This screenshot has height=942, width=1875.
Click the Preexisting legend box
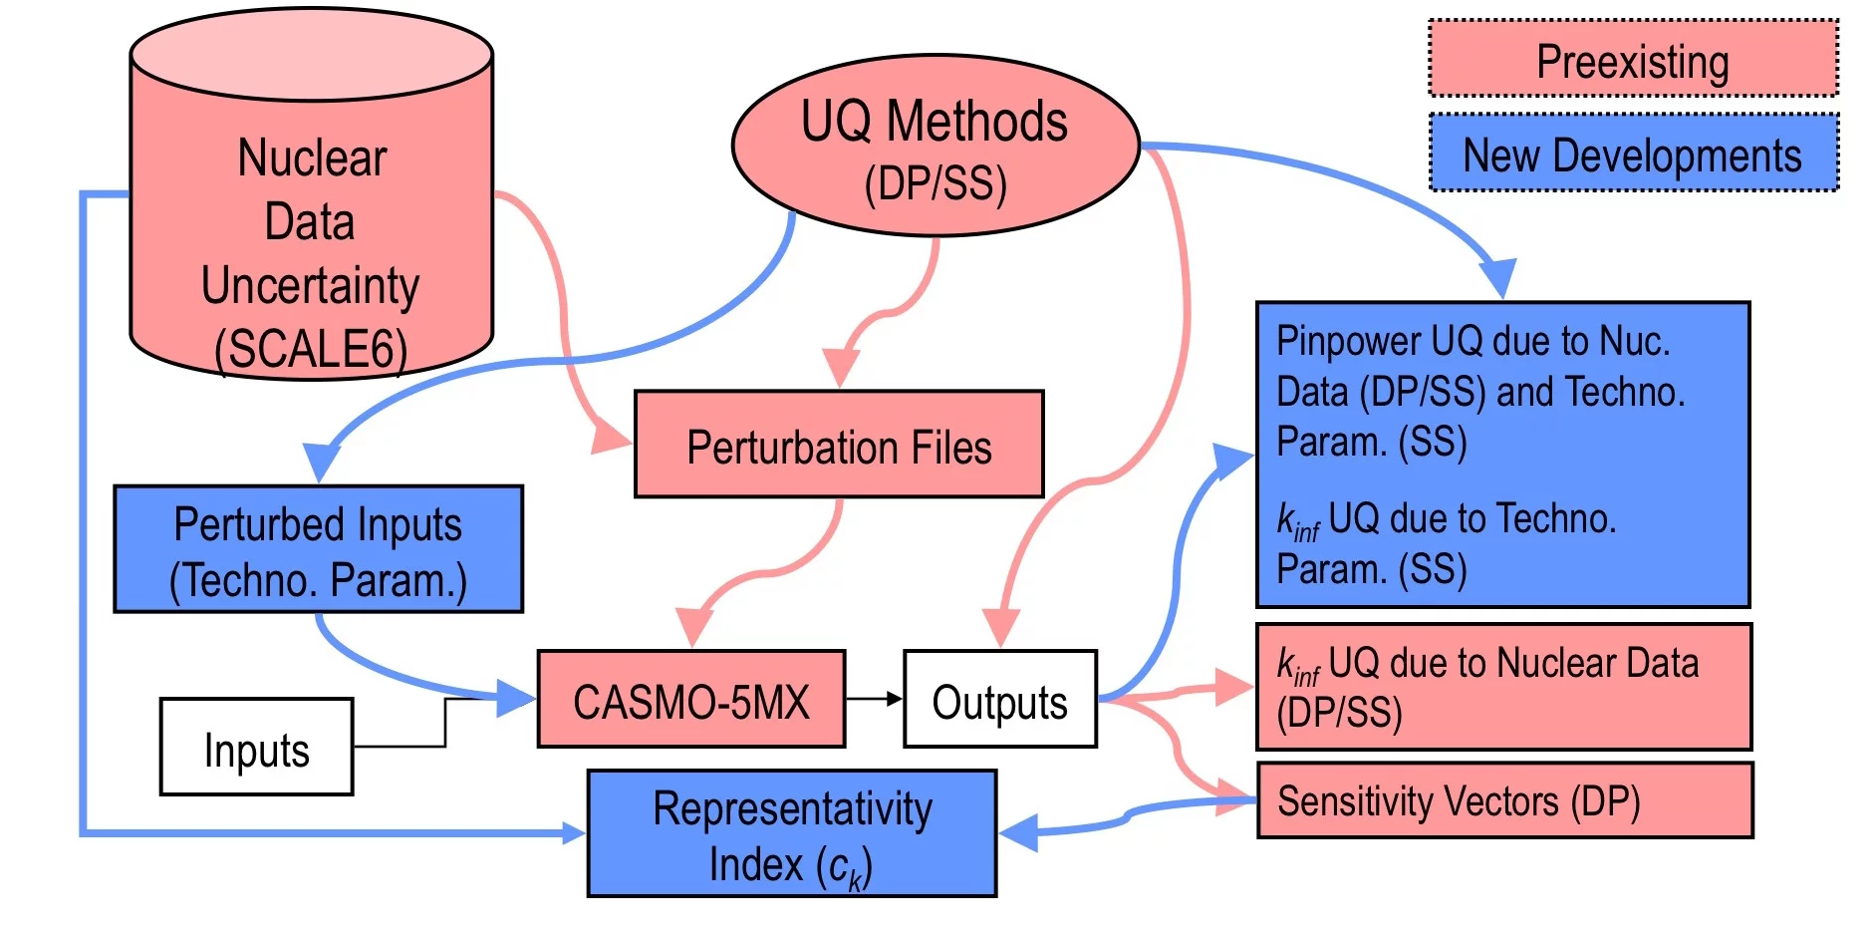[1632, 59]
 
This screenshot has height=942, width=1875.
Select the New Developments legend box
[1632, 153]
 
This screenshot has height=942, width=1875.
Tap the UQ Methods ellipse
[935, 145]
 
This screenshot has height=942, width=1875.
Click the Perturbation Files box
[839, 445]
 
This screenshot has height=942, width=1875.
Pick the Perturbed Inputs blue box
[318, 549]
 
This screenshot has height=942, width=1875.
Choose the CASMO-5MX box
[690, 700]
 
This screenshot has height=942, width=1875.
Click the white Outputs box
[999, 700]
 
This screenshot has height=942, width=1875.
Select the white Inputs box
[256, 747]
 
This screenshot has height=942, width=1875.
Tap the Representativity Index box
[792, 833]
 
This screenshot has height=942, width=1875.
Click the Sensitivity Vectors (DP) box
[1504, 800]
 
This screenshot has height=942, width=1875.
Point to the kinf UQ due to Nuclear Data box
[1504, 687]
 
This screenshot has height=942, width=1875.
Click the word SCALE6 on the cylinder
[311, 350]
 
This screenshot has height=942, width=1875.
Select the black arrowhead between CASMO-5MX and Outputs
[894, 699]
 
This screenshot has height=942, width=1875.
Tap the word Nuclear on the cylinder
[312, 157]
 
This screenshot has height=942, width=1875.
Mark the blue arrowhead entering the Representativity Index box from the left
[574, 832]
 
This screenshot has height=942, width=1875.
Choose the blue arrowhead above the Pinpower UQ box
[1497, 276]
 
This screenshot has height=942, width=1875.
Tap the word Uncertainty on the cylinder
[310, 286]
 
